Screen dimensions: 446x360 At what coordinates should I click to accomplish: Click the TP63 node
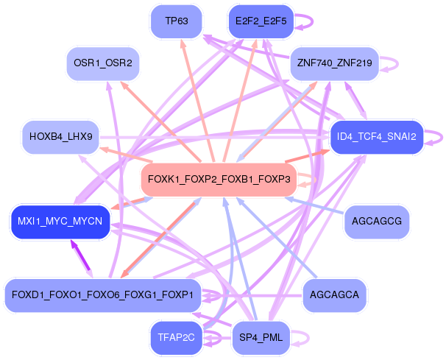[x=177, y=21]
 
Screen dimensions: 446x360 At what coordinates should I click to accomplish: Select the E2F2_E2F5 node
[x=261, y=21]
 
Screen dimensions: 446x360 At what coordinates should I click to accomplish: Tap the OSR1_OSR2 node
[x=103, y=63]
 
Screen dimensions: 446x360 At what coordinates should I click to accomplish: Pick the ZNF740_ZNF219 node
[x=334, y=63]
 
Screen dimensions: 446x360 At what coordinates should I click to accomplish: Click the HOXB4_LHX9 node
[x=61, y=137]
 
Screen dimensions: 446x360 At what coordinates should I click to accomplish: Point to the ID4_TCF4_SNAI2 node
[x=377, y=137]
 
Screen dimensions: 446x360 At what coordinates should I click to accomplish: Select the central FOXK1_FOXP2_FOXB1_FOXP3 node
[x=219, y=180]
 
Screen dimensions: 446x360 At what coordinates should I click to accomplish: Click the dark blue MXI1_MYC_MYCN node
[x=60, y=221]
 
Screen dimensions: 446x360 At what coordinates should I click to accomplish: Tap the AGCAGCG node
[x=377, y=221]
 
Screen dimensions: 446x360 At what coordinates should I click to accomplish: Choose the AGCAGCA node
[x=334, y=295]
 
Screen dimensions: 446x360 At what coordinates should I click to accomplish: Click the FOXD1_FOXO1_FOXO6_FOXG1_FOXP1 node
[x=103, y=295]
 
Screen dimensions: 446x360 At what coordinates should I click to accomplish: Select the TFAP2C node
[x=177, y=338]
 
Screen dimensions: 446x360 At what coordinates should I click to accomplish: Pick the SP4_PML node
[x=261, y=338]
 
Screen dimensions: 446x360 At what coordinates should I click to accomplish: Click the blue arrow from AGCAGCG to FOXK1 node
[x=314, y=205]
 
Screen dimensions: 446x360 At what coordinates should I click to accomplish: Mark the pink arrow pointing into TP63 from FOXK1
[x=197, y=101]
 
